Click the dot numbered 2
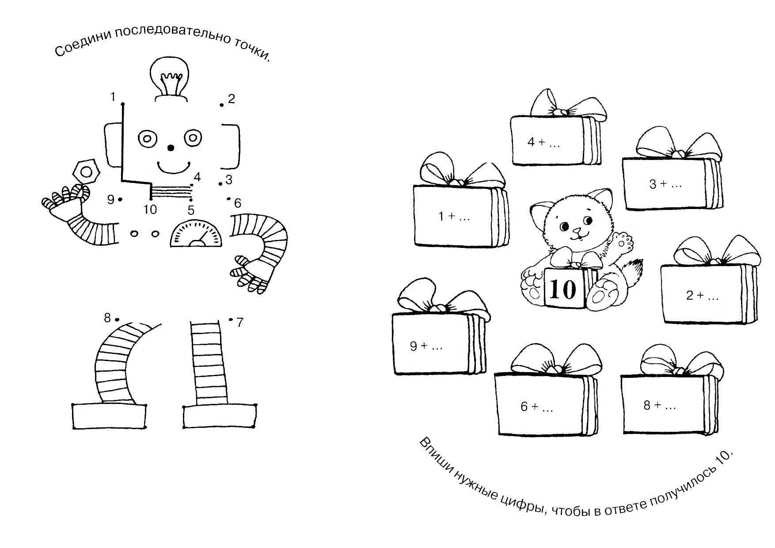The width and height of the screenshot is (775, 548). click(x=222, y=105)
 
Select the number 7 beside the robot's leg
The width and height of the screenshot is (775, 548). click(x=240, y=323)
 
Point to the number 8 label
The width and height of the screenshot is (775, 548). click(x=107, y=317)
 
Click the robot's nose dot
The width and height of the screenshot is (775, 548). click(x=171, y=148)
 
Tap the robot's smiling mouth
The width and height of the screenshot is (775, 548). click(x=173, y=167)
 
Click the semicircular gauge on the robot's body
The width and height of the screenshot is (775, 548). click(x=196, y=233)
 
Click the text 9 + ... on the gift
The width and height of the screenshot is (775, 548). click(x=426, y=346)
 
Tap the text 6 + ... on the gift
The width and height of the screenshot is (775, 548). click(x=536, y=407)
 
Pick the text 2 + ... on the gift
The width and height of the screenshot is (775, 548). click(x=702, y=295)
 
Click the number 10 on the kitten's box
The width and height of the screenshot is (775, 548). click(x=564, y=289)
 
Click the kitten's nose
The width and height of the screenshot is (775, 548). click(x=577, y=230)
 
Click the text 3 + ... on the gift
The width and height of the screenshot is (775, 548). click(x=665, y=184)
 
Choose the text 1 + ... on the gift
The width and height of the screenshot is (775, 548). click(x=454, y=217)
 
